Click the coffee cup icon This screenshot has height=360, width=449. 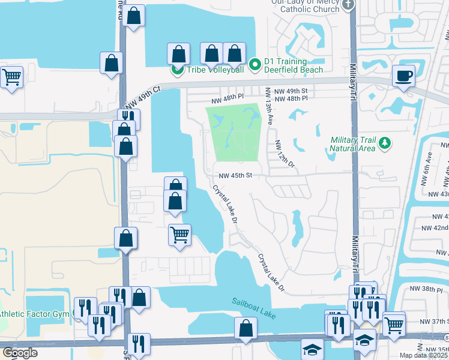click(x=403, y=76)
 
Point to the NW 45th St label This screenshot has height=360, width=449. click(x=235, y=176)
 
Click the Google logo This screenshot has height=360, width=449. click(x=20, y=353)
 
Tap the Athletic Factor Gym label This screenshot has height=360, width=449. click(x=35, y=313)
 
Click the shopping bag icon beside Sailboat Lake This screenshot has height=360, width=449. click(x=246, y=328)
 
